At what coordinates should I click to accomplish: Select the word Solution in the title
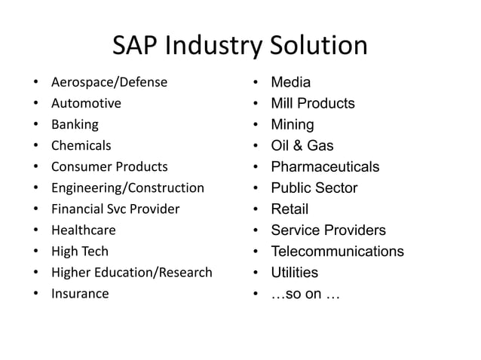click(x=319, y=46)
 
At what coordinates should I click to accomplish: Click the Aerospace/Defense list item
click(x=109, y=82)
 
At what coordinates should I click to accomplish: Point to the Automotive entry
click(x=86, y=103)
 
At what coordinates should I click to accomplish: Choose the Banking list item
click(x=75, y=124)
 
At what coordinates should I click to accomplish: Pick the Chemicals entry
click(x=81, y=145)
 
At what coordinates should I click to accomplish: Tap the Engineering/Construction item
click(x=127, y=188)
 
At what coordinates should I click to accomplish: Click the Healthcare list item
click(x=83, y=230)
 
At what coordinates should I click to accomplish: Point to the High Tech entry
click(x=79, y=251)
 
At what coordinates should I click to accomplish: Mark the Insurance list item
click(x=79, y=293)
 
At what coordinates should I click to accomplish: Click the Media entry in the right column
click(x=290, y=82)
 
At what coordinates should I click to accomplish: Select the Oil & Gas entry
click(x=302, y=145)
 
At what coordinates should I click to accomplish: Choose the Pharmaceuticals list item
click(x=325, y=166)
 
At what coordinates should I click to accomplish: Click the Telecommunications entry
click(x=337, y=251)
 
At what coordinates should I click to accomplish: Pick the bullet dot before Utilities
click(x=256, y=273)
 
